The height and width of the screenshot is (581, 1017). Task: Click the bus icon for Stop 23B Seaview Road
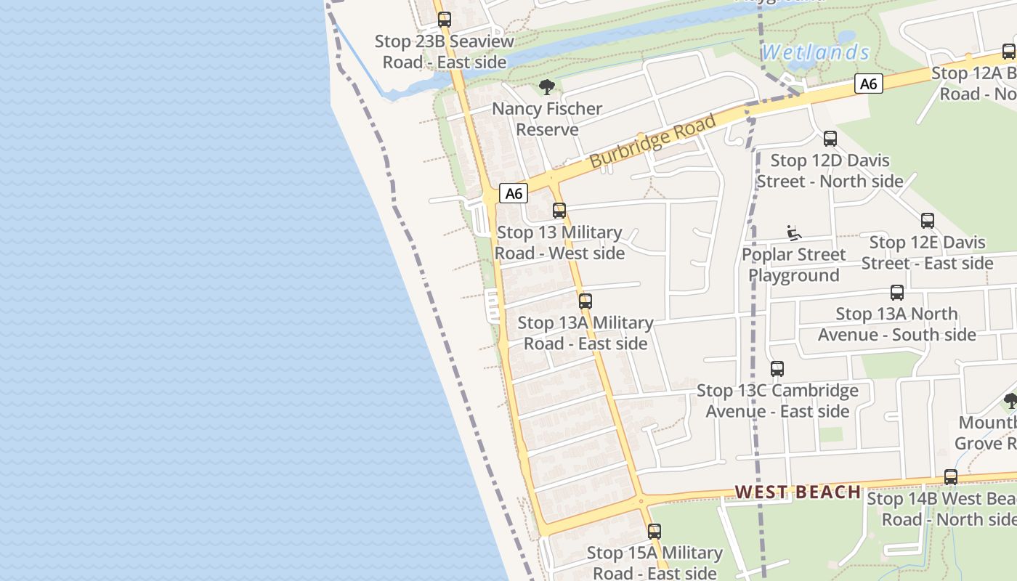coord(445,20)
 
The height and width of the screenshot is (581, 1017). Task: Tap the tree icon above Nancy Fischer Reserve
coord(547,88)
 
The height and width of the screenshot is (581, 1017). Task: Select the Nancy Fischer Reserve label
coord(547,119)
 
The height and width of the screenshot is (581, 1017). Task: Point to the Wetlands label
coord(815,52)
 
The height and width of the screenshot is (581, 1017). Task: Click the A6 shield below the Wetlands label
coord(868,84)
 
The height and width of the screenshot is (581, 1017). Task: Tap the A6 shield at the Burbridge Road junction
coord(514,193)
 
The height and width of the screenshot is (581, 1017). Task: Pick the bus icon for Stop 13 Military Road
coord(559,211)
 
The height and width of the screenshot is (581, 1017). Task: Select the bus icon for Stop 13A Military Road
coord(586,301)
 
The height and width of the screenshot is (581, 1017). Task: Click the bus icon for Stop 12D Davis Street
coord(830,139)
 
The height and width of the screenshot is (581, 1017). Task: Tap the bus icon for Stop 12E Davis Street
coord(928,221)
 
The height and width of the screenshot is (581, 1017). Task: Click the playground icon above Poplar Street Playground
coord(794,233)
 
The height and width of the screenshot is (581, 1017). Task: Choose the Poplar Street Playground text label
coord(794,265)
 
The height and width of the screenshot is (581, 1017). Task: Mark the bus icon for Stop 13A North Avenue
coord(897,293)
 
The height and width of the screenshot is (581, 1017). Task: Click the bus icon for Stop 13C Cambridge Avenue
coord(777,369)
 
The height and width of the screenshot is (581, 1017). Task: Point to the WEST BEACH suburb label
coord(798,492)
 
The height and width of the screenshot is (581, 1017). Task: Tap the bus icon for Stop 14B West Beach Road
coord(951,477)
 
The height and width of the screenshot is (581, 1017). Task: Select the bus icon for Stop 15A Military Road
coord(655,532)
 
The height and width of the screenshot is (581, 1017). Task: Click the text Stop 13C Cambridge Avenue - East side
coord(777,401)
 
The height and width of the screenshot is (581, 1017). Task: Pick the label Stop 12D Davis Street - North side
coord(830,171)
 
